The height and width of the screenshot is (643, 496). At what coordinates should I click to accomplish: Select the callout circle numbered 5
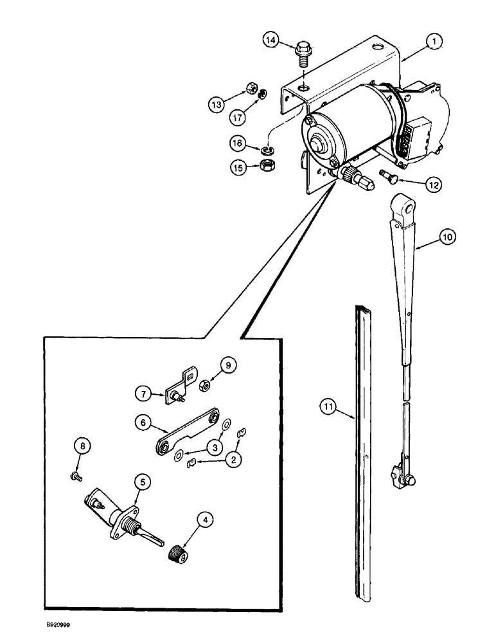pos(142,482)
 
